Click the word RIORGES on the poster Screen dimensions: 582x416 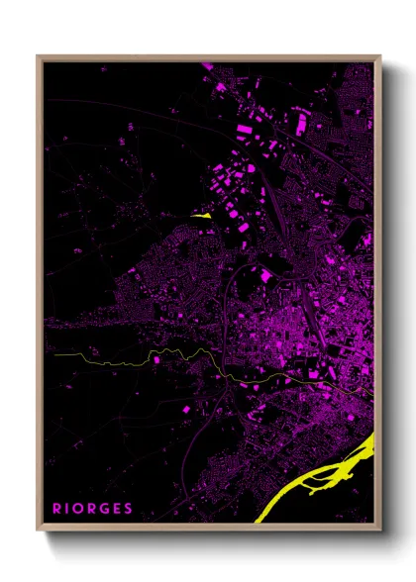pos(93,509)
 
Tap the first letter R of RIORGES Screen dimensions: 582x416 pos(57,509)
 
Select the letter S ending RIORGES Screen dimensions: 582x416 pos(128,509)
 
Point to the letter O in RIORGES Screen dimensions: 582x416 pos(80,509)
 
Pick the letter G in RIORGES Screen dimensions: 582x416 pos(104,509)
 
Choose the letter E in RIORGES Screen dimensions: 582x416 pos(116,509)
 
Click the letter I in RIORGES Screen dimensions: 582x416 pos(68,509)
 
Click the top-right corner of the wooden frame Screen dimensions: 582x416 pos(380,56)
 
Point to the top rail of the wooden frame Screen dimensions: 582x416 pos(208,56)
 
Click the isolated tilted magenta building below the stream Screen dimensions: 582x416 pos(185,407)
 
